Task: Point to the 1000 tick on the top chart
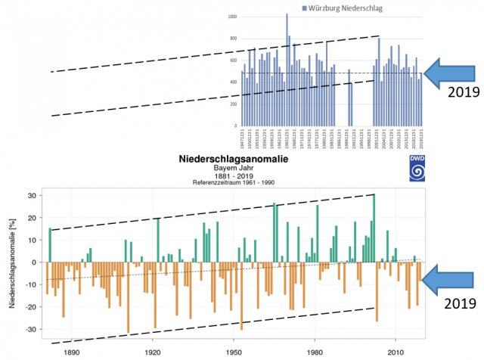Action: pos(231,16)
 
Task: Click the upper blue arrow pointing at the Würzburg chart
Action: pos(451,73)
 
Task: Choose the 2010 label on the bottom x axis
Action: pos(393,352)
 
